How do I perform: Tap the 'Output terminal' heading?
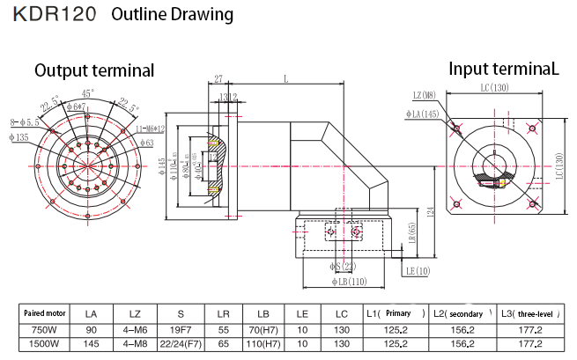(x=94, y=70)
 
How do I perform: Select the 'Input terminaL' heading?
(x=504, y=69)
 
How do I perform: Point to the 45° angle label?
(x=87, y=92)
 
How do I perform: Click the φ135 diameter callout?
(x=19, y=137)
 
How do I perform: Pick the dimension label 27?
(x=218, y=79)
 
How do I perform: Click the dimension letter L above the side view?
(x=285, y=79)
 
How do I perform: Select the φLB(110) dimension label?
(x=348, y=282)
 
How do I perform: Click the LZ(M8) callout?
(x=425, y=95)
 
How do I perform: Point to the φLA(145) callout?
(x=421, y=114)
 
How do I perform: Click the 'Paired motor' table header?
(x=45, y=313)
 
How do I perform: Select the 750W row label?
(x=45, y=329)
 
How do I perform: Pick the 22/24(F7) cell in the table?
(x=180, y=343)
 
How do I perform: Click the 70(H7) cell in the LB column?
(x=263, y=329)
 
